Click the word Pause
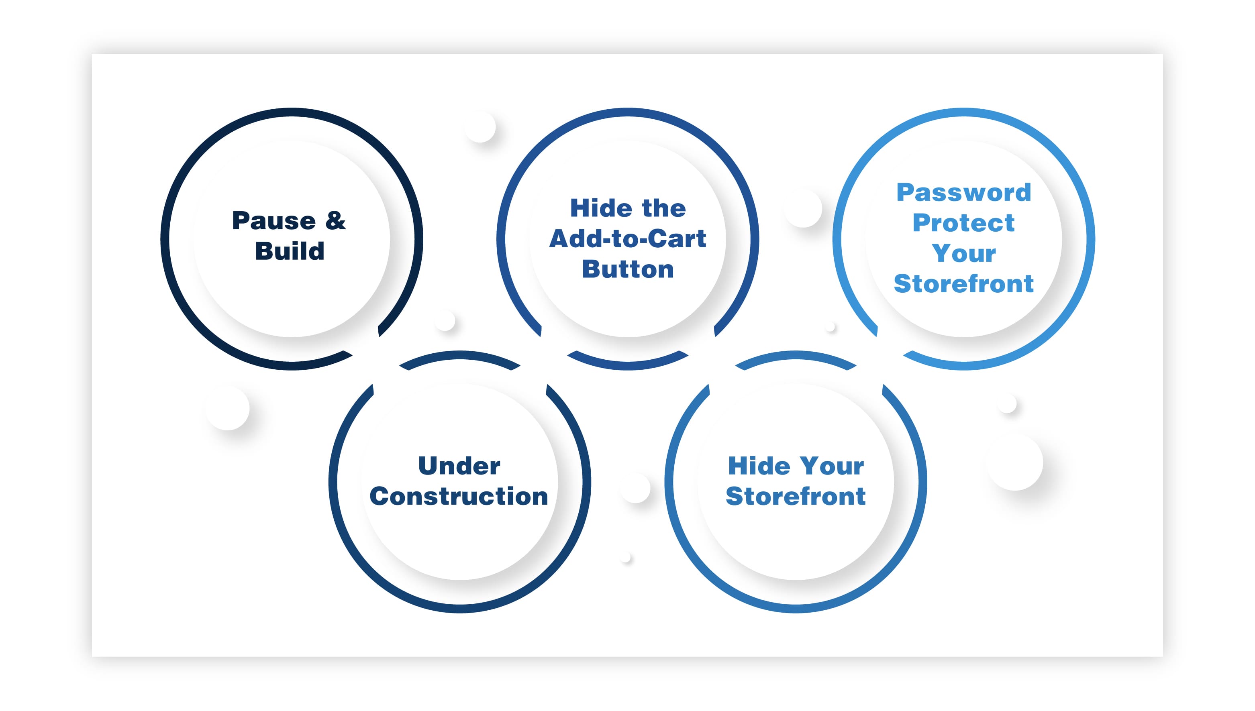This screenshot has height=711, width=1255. click(x=274, y=221)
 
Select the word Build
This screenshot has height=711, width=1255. click(x=290, y=251)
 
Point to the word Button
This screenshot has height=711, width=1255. click(x=628, y=269)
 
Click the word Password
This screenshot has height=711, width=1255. click(x=964, y=192)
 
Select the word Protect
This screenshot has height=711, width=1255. click(x=964, y=223)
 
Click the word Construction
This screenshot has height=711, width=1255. click(x=459, y=496)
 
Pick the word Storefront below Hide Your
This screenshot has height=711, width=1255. click(x=796, y=496)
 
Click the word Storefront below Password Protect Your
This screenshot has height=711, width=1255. click(x=964, y=284)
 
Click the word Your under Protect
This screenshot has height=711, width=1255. click(x=964, y=253)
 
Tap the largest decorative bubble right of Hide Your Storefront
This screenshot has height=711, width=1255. click(x=1015, y=462)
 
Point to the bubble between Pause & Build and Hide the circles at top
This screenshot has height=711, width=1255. click(x=480, y=127)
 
